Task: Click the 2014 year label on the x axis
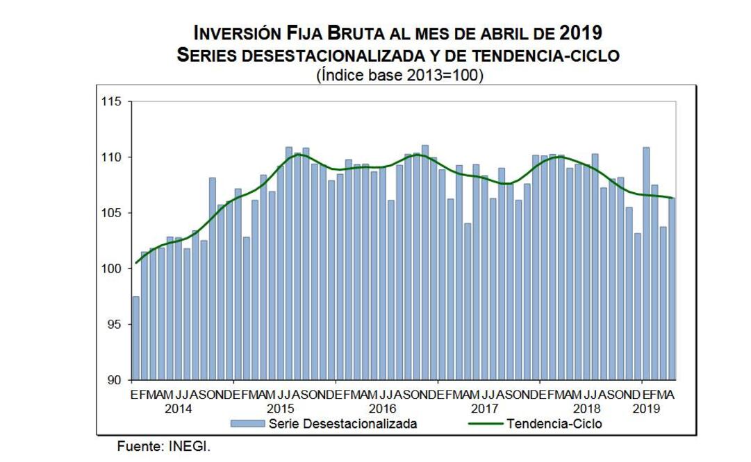[x=179, y=409]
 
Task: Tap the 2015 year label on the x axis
[x=281, y=409]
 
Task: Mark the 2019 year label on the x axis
[x=646, y=409]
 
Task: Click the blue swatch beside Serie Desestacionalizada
[x=247, y=423]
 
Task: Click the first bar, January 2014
[x=135, y=339]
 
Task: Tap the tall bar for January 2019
[x=646, y=264]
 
